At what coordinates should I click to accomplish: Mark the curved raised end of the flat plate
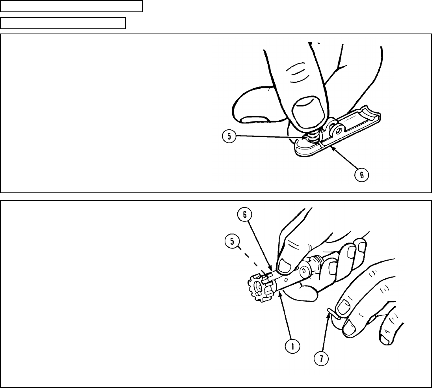click(x=374, y=112)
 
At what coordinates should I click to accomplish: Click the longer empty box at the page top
click(x=71, y=6)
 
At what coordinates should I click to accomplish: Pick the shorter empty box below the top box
click(x=63, y=23)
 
